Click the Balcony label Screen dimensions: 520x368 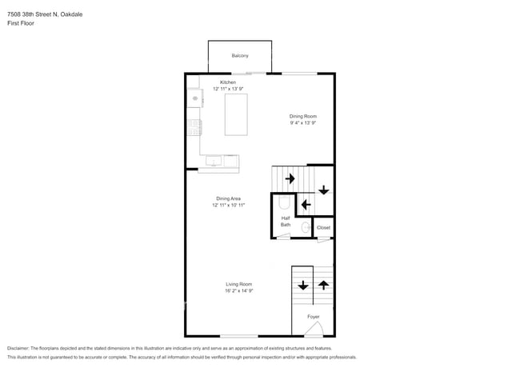tap(240, 56)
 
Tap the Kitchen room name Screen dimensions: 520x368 tap(228, 82)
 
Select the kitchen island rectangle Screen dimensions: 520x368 tap(236, 114)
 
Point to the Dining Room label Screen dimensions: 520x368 tap(303, 116)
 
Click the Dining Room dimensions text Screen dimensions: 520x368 tap(303, 122)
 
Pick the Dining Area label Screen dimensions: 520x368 tap(229, 198)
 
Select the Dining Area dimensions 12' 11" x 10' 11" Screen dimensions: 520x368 tap(229, 206)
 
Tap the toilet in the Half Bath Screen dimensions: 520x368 tap(285, 202)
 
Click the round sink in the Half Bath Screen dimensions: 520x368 tap(306, 227)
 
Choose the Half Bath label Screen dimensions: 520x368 tap(286, 222)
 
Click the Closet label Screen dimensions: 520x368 tap(323, 228)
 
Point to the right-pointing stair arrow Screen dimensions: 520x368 tap(290, 178)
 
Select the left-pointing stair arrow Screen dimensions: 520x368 tap(306, 205)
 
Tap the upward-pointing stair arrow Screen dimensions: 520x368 tap(324, 285)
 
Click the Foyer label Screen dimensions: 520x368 tap(314, 317)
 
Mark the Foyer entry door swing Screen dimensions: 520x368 tap(314, 329)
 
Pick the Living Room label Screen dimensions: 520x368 tap(238, 284)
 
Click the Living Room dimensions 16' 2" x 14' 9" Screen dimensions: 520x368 tap(238, 290)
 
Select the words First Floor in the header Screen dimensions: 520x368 tap(21, 23)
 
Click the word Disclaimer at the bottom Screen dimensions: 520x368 tap(18, 349)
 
